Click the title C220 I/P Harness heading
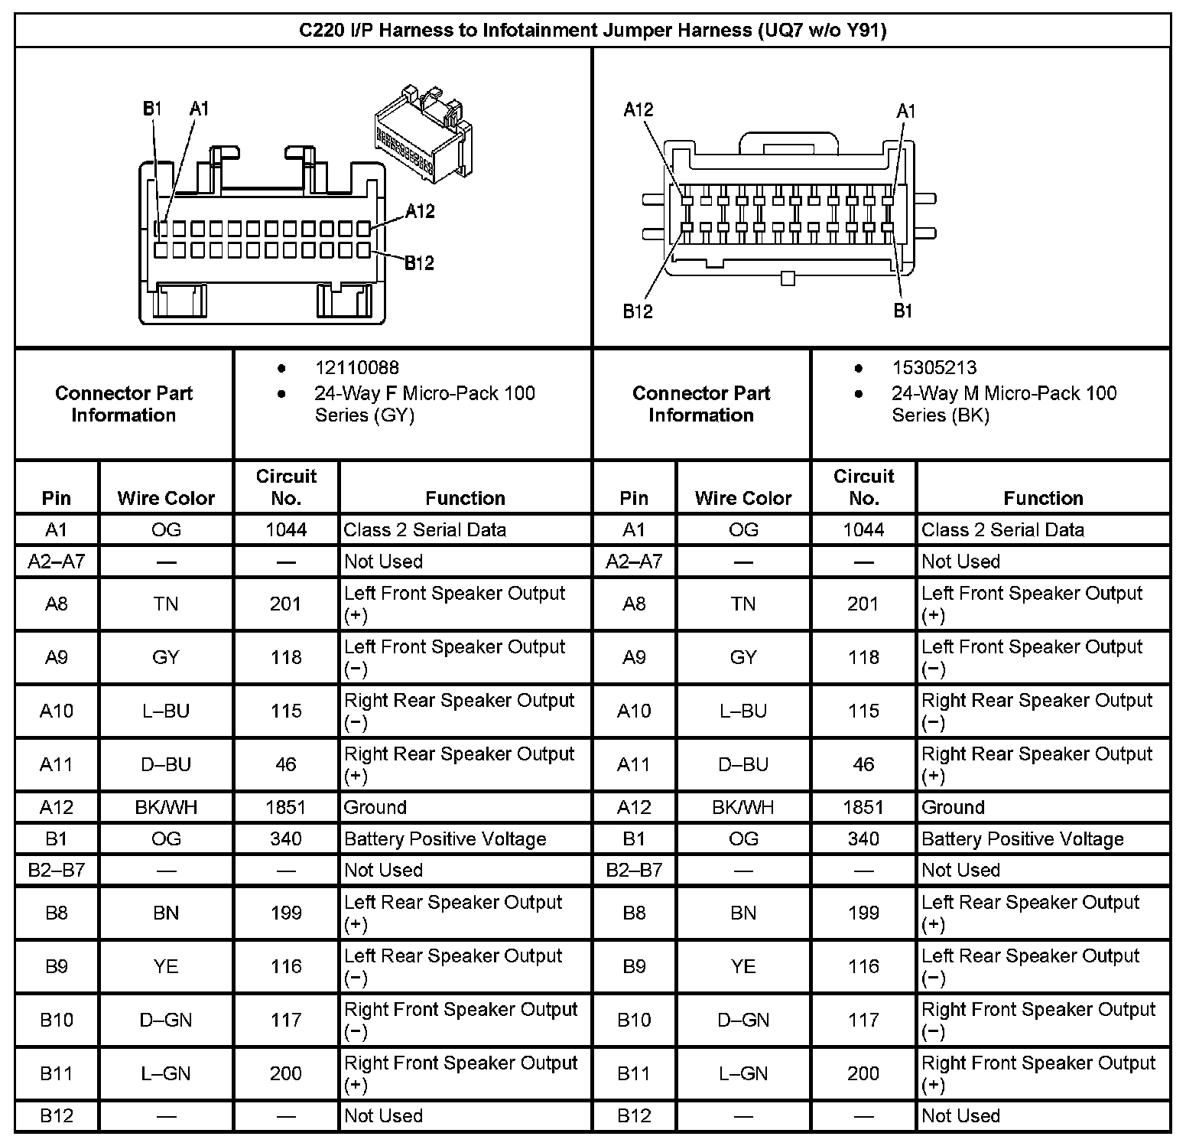pos(593,31)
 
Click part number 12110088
pos(356,368)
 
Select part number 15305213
pos(934,368)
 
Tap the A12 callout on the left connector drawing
pos(420,211)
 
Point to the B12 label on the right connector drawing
pos(638,311)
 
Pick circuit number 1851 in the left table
pos(286,807)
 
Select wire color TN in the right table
pos(743,604)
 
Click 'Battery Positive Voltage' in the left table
pos(445,839)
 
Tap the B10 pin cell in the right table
pos(634,1020)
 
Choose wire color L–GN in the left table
pos(166,1073)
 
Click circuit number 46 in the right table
pos(863,764)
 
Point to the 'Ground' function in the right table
pos(953,807)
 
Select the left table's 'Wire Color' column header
pos(166,498)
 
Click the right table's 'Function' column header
pos(1043,498)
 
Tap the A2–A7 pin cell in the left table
pos(57,562)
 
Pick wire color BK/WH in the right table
pos(743,807)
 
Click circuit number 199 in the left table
pos(286,913)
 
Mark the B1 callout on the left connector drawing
pos(153,109)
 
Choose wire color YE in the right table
pos(743,966)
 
